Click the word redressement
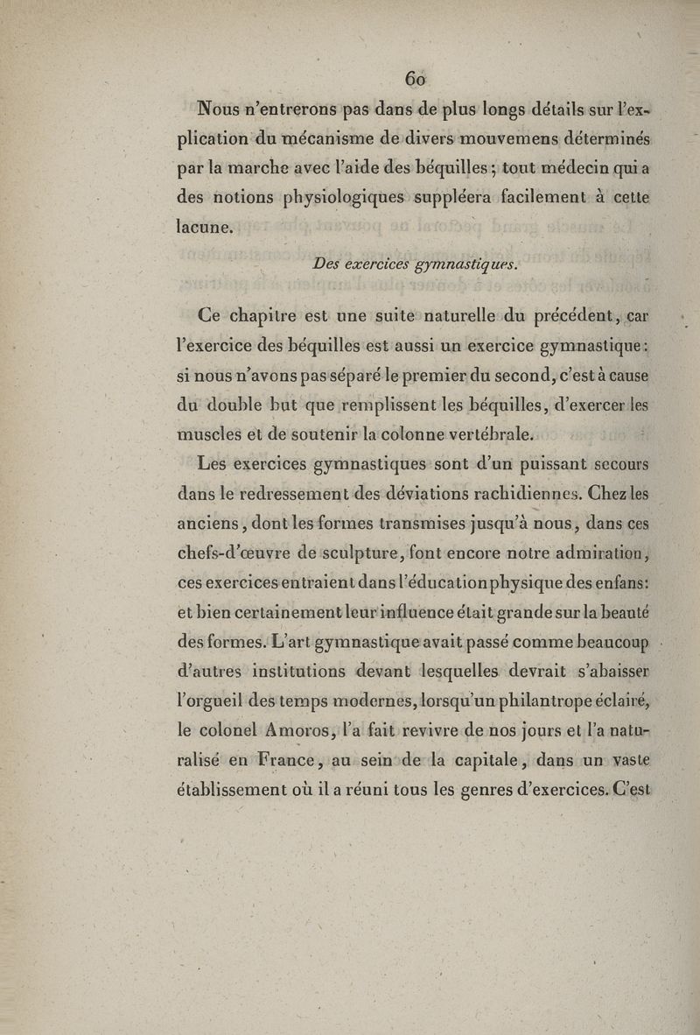pyautogui.click(x=279, y=494)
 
